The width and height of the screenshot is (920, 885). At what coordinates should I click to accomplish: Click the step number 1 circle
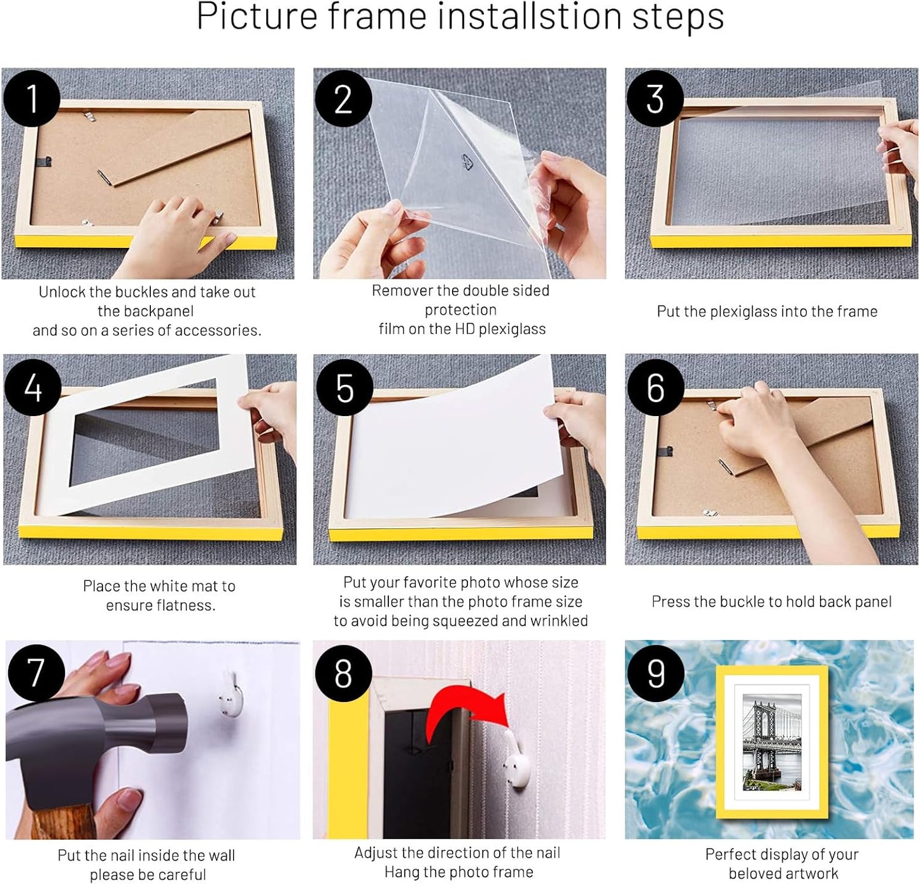click(32, 99)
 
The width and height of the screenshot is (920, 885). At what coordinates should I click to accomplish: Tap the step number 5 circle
click(344, 388)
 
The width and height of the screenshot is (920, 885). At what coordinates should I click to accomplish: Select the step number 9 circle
click(655, 673)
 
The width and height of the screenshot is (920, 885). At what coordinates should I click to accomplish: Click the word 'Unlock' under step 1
click(62, 292)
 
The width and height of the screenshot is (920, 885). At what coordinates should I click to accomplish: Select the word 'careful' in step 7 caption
click(182, 875)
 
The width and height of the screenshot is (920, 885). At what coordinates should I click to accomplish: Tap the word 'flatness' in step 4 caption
click(188, 605)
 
